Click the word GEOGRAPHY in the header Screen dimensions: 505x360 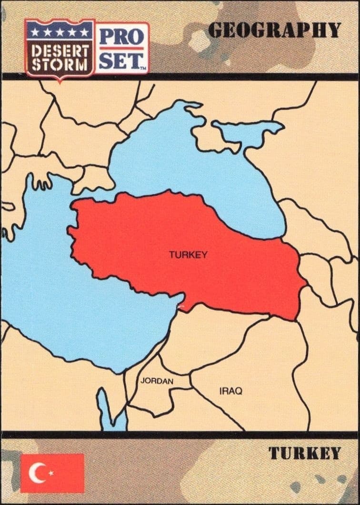(x=274, y=30)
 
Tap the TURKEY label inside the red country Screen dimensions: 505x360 (x=188, y=255)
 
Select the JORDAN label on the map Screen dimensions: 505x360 (x=157, y=381)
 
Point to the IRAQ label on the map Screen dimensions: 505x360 (x=230, y=391)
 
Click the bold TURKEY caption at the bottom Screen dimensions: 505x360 (x=304, y=453)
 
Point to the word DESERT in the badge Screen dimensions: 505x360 (x=60, y=50)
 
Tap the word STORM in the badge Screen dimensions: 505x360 (x=60, y=65)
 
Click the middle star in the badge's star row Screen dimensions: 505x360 (x=60, y=31)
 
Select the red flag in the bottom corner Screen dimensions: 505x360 (x=52, y=473)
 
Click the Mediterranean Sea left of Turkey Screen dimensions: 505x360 (x=71, y=295)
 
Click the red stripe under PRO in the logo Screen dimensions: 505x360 (x=121, y=48)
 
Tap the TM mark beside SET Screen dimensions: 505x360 (x=142, y=68)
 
